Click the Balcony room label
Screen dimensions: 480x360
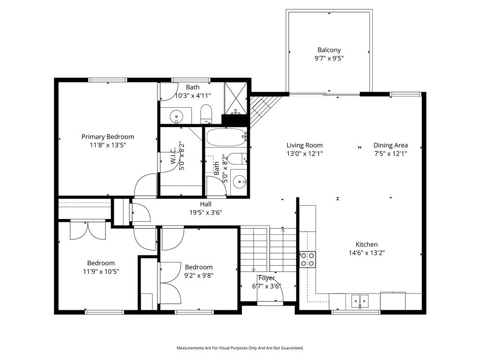click(x=329, y=50)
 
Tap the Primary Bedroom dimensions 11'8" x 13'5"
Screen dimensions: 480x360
click(x=108, y=145)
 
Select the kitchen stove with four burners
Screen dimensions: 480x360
click(x=307, y=259)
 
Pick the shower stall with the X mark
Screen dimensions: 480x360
click(x=235, y=98)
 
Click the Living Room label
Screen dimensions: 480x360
click(x=305, y=145)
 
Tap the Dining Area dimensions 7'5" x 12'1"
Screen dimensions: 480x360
click(x=390, y=154)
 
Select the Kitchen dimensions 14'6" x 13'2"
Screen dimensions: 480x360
click(x=367, y=253)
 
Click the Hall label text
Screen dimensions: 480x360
click(x=206, y=204)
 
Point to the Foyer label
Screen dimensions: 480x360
click(x=267, y=278)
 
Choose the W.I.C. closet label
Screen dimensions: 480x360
click(x=173, y=156)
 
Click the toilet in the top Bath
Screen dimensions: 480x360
click(x=206, y=114)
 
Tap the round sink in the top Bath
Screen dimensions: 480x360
click(x=176, y=117)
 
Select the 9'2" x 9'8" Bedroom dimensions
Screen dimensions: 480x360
click(x=199, y=276)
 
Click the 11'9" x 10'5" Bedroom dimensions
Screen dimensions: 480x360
click(x=101, y=271)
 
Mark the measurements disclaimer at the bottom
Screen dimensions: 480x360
click(x=240, y=348)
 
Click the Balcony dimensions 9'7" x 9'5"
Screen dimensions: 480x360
click(x=329, y=59)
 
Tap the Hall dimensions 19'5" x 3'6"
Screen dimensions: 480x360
click(x=206, y=212)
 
